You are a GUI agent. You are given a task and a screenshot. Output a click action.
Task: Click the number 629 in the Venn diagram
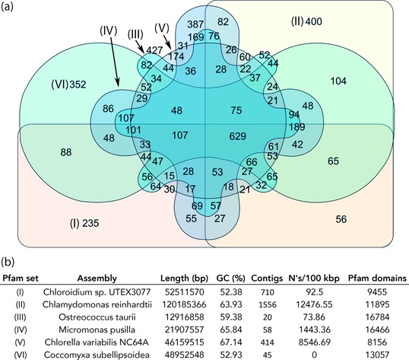click(238, 136)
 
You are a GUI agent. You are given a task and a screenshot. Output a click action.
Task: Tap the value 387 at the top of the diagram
click(195, 24)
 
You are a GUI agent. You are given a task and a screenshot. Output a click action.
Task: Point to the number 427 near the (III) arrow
click(154, 50)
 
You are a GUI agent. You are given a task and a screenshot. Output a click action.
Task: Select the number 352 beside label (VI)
click(78, 84)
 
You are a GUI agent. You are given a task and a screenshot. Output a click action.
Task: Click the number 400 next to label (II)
click(313, 21)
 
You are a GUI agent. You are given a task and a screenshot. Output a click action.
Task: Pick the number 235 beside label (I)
click(90, 223)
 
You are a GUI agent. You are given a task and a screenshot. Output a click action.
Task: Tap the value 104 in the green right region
click(338, 81)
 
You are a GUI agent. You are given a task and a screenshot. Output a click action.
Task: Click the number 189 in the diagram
click(297, 126)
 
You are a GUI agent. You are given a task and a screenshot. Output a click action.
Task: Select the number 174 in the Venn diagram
click(176, 56)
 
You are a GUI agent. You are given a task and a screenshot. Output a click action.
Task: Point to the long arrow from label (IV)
click(115, 62)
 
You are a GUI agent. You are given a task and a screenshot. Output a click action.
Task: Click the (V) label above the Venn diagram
click(162, 28)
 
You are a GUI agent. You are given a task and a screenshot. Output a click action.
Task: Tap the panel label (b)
click(8, 262)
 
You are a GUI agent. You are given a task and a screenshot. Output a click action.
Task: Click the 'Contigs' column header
click(267, 279)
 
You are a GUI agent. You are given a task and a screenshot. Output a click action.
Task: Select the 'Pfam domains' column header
click(377, 279)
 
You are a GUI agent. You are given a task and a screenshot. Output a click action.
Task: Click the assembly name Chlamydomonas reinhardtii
click(97, 304)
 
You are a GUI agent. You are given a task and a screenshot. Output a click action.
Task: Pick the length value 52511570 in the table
click(184, 292)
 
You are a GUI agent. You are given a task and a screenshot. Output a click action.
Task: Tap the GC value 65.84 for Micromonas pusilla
click(231, 330)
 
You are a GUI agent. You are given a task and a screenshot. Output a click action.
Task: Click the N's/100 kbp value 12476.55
click(314, 304)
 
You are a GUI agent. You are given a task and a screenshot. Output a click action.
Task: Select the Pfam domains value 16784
click(377, 317)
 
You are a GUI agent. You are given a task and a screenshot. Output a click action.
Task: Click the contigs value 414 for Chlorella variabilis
click(267, 342)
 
